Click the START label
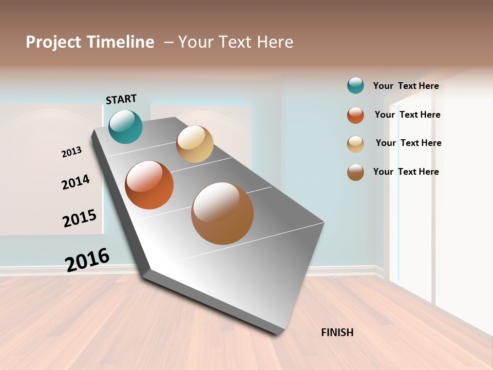pos(121,99)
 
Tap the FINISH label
pos(337,332)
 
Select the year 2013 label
pos(71,152)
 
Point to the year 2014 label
pos(75,182)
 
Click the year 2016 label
pos(87,260)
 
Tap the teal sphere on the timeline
pos(125,126)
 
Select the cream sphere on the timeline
pos(195,144)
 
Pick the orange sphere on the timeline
pos(149,185)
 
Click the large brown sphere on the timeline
pos(222,213)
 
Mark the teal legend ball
pos(355,85)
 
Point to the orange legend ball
pos(355,115)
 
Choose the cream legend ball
pos(355,144)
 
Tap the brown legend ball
pos(355,172)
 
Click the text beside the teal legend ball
pos(406,86)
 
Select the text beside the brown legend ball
pos(406,172)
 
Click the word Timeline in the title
pos(121,42)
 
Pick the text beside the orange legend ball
pos(407,115)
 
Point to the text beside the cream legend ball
pos(408,143)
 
